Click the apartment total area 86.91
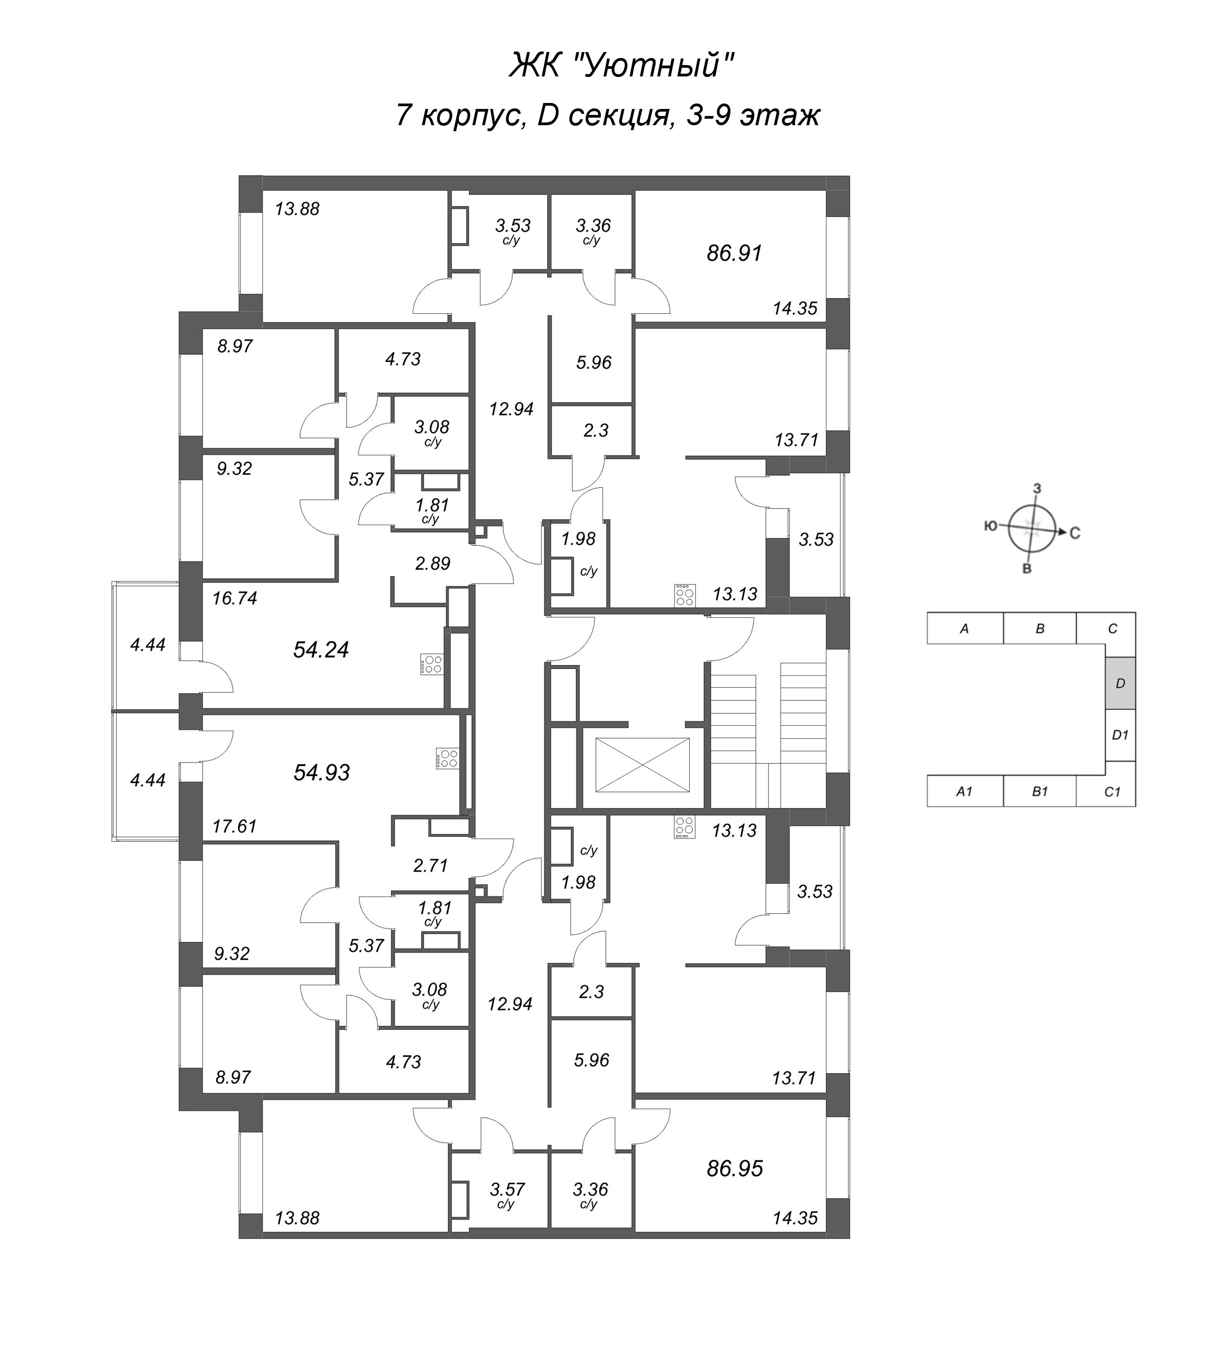[x=734, y=254]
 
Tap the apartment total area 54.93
[x=322, y=773]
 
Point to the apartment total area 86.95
[x=734, y=1169]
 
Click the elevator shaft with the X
[x=642, y=765]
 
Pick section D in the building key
[x=1119, y=683]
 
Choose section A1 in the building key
[x=964, y=792]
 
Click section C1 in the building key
[x=1112, y=792]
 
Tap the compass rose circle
[x=1032, y=528]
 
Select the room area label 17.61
[x=235, y=826]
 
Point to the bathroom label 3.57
[x=507, y=1189]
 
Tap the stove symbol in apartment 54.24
[x=431, y=664]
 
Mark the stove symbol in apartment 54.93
[x=446, y=759]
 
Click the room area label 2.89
[x=432, y=563]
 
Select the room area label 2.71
[x=431, y=866]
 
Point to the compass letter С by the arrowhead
[x=1074, y=534]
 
